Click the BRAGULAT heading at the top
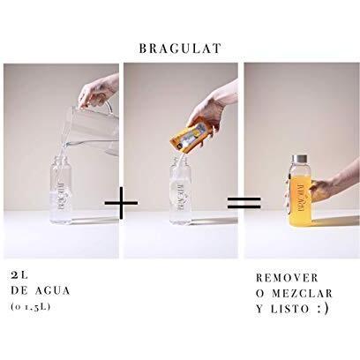point(180,49)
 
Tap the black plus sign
point(121,203)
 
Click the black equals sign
point(244,203)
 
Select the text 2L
point(19,275)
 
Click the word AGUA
point(53,291)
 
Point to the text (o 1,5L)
point(31,307)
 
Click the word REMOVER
point(288,278)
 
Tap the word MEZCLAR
point(303,294)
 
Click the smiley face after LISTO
point(323,309)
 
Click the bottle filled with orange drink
point(300,191)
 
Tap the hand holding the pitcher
point(98,91)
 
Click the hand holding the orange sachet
point(210,113)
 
